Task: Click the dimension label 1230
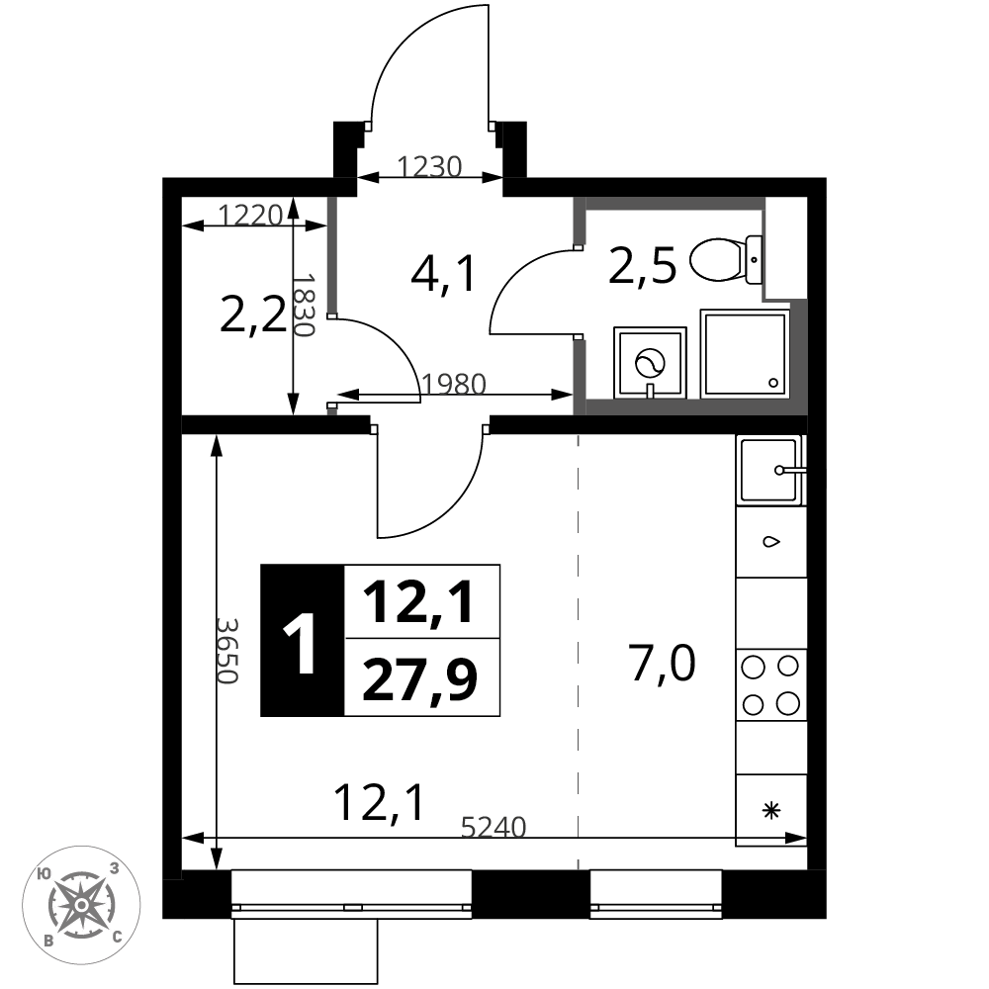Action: [x=429, y=167]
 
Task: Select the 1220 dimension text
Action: [x=250, y=215]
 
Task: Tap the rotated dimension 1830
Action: [x=304, y=306]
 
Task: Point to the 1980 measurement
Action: [x=454, y=384]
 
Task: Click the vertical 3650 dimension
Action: [x=227, y=651]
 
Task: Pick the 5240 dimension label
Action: [x=494, y=827]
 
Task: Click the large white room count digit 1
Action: [x=302, y=645]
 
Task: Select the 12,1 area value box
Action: [x=421, y=602]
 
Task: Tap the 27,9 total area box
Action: [x=421, y=678]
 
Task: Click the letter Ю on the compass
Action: [x=44, y=874]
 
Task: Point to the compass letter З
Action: [x=115, y=869]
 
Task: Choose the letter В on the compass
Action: [x=48, y=941]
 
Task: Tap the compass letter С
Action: [x=118, y=937]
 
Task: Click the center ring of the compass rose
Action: [x=81, y=905]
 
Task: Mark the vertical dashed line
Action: [x=578, y=643]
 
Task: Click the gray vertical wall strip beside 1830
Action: [x=332, y=255]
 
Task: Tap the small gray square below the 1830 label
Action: [x=332, y=411]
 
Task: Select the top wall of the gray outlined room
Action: [x=673, y=204]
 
